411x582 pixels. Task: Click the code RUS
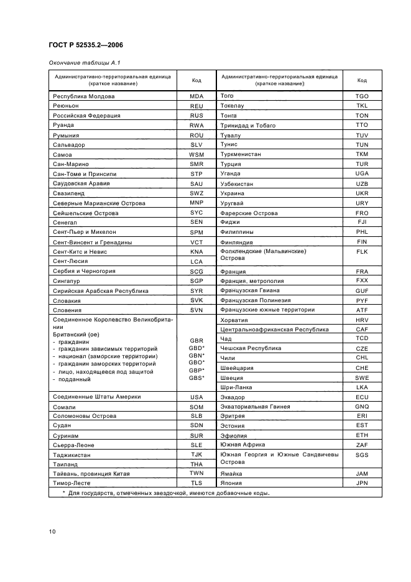click(x=196, y=116)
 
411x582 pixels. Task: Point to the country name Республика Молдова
click(x=84, y=96)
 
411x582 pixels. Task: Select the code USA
click(x=196, y=397)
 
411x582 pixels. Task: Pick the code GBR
click(x=196, y=341)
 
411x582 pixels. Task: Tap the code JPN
click(x=361, y=483)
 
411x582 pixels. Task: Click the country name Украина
click(x=232, y=193)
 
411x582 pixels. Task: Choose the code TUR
click(x=361, y=164)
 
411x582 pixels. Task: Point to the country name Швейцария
click(x=237, y=368)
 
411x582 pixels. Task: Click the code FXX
click(x=361, y=280)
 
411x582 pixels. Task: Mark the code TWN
click(x=196, y=473)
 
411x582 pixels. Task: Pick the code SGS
click(x=361, y=455)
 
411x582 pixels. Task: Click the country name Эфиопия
click(x=233, y=436)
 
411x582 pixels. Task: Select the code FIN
click(x=361, y=241)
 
